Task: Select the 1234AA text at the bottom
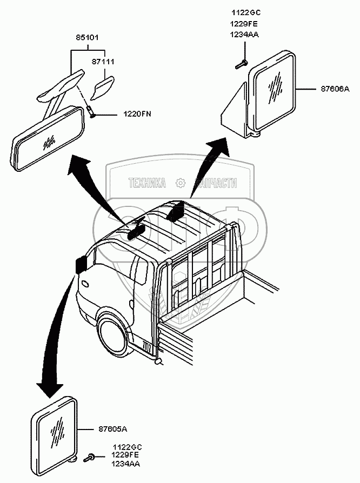click(126, 464)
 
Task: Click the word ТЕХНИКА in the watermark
click(146, 184)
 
